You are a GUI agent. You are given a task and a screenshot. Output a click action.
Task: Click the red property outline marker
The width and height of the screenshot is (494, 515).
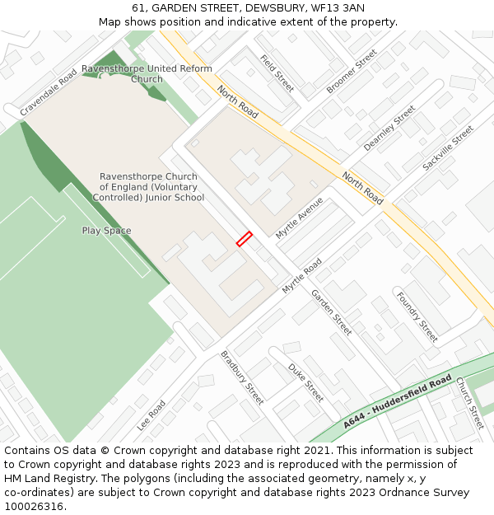click(245, 238)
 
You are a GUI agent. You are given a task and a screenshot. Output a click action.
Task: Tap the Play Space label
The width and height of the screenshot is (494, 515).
click(106, 231)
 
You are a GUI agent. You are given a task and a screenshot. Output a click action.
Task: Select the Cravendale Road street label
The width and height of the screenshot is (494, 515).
click(49, 91)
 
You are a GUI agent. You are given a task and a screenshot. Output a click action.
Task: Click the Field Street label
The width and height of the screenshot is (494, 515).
click(277, 73)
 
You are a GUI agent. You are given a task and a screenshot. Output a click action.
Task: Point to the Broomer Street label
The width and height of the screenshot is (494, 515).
click(352, 71)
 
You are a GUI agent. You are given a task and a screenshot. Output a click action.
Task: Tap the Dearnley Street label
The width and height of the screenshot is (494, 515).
click(389, 129)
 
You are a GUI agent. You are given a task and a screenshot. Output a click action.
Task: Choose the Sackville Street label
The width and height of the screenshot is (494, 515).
click(449, 148)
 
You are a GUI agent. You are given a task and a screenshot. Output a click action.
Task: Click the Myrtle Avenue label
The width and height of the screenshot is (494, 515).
click(300, 218)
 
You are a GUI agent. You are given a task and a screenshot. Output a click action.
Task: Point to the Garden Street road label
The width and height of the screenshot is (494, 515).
click(331, 311)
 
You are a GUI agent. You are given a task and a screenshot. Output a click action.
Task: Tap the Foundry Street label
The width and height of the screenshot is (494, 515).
click(417, 317)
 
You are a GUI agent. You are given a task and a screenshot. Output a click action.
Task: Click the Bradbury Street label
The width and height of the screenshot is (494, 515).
click(242, 377)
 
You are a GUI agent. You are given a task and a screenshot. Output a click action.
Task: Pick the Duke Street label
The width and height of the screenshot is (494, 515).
click(306, 382)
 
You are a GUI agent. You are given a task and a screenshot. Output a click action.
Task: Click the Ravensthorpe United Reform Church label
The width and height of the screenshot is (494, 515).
click(147, 74)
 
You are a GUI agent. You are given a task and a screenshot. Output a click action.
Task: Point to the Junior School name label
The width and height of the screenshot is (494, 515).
click(148, 187)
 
